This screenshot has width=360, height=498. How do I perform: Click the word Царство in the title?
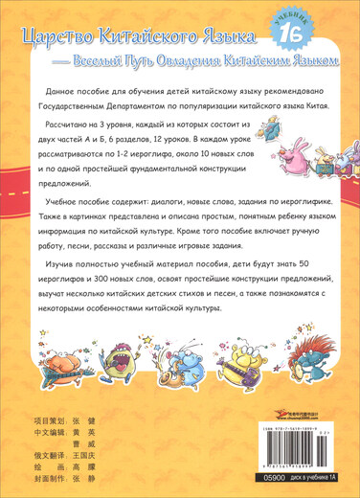click(x=61, y=39)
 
